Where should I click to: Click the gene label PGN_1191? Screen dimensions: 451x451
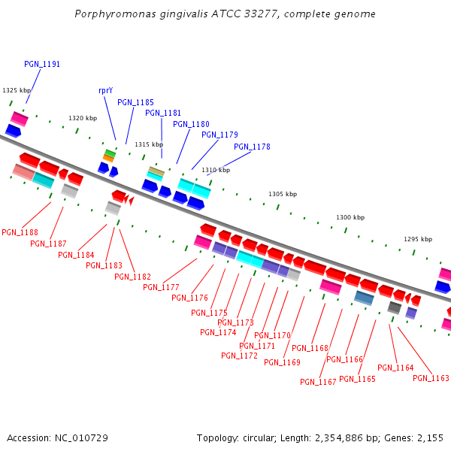click(x=42, y=65)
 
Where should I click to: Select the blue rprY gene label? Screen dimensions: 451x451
click(x=105, y=90)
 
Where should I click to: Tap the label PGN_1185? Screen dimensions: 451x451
click(x=135, y=102)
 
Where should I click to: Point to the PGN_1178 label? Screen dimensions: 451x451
click(x=252, y=147)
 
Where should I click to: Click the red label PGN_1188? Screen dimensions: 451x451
click(x=20, y=232)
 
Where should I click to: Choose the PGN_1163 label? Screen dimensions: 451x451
click(x=431, y=378)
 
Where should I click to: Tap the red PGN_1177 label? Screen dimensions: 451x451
click(x=161, y=287)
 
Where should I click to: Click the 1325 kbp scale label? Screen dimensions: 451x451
click(x=17, y=90)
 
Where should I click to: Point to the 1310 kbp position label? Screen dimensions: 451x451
click(x=215, y=170)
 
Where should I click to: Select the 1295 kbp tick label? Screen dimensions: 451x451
click(x=418, y=239)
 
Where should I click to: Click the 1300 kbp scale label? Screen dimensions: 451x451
click(x=350, y=217)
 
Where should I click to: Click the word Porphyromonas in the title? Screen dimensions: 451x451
click(x=114, y=14)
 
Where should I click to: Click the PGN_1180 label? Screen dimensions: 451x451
click(x=191, y=124)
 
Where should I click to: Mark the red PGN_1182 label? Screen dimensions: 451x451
click(x=132, y=277)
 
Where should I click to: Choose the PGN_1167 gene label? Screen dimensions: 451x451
click(x=318, y=382)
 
